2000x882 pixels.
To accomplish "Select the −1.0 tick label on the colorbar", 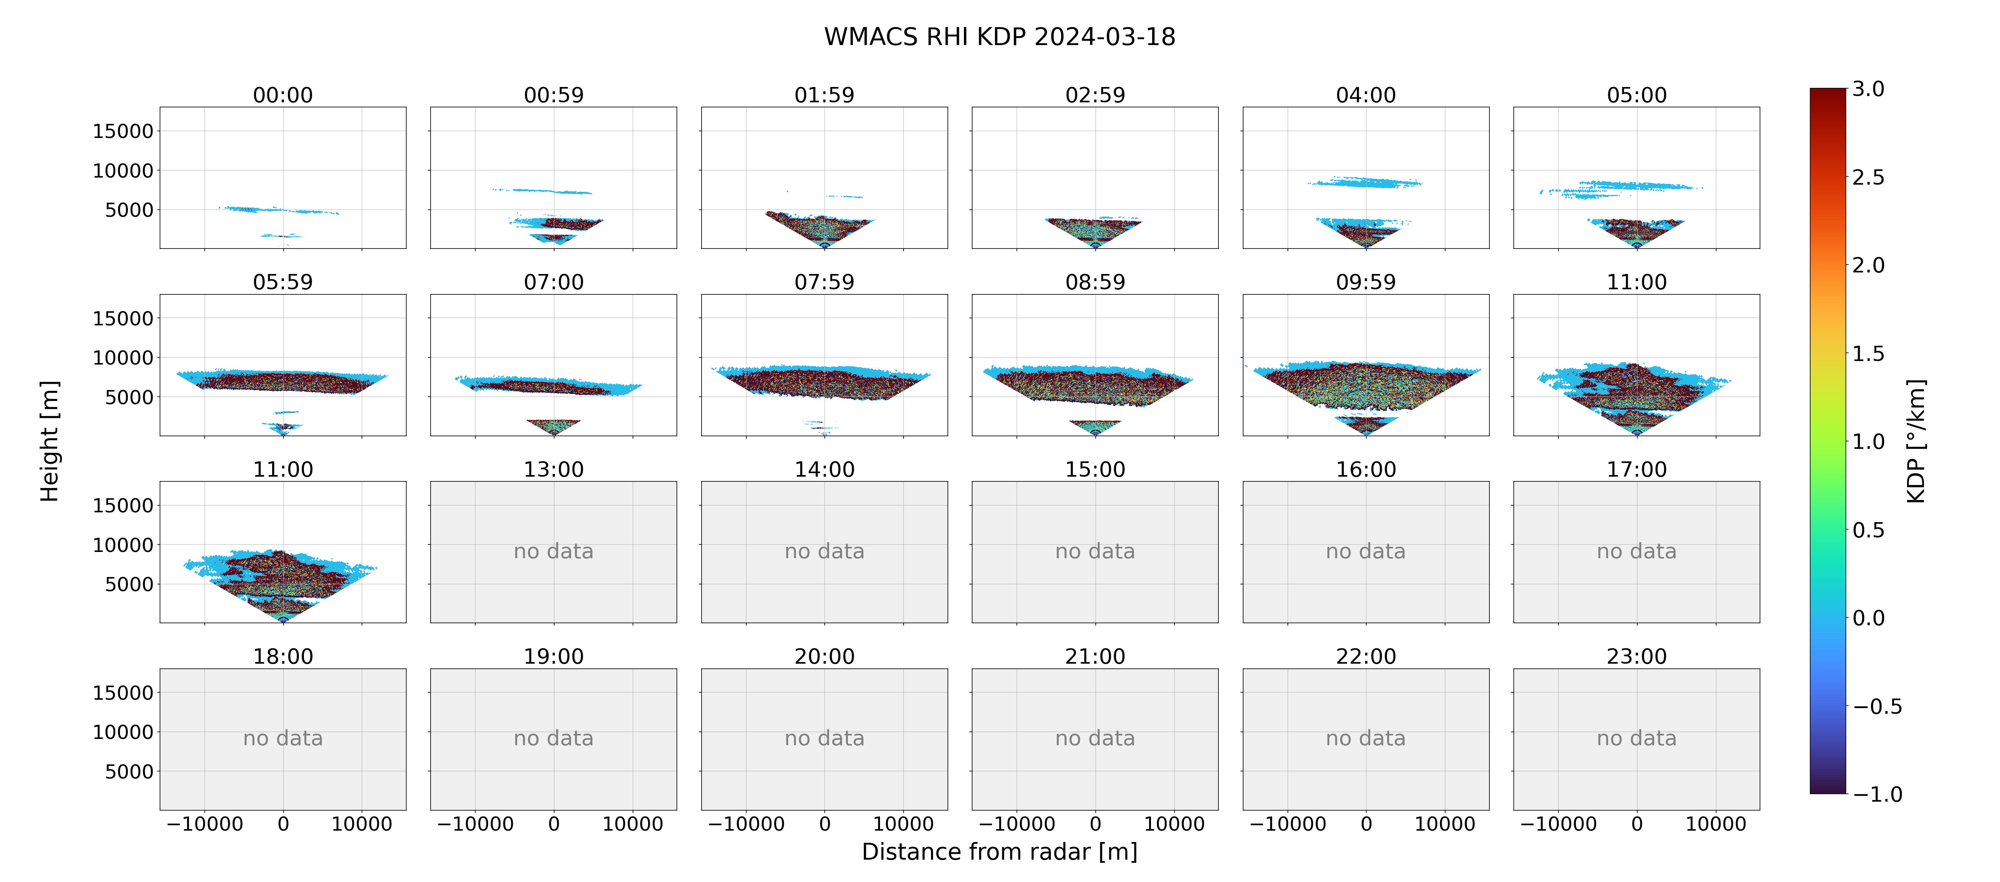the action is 1877,794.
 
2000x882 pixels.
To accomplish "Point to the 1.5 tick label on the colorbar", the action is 1868,353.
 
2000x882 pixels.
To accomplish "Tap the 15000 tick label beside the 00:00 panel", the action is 123,131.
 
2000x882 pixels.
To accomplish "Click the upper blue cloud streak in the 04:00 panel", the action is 1365,182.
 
